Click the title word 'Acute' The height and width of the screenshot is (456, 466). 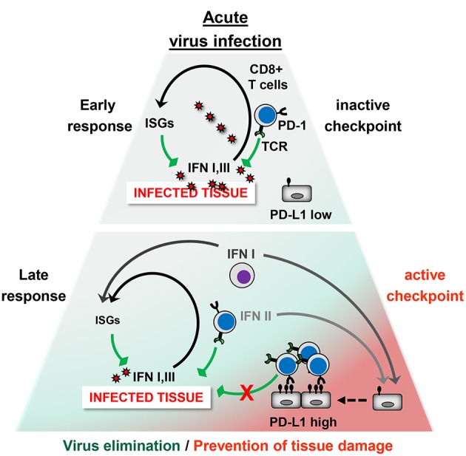click(226, 18)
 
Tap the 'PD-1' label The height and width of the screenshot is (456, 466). click(292, 126)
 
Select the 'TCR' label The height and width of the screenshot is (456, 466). click(274, 146)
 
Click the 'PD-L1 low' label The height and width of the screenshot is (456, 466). click(300, 214)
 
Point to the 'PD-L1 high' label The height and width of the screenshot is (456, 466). click(303, 422)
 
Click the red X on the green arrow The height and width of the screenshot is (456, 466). click(246, 393)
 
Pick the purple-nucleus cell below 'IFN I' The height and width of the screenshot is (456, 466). click(242, 276)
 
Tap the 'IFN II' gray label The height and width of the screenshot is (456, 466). click(256, 316)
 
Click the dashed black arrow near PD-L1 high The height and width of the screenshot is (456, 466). click(352, 401)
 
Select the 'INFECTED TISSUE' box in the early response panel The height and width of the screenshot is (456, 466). click(191, 193)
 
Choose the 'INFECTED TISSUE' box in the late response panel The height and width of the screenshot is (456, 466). click(146, 397)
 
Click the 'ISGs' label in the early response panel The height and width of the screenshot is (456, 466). click(159, 123)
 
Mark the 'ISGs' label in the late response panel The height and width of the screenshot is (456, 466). click(107, 320)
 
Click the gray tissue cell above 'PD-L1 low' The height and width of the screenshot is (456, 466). click(297, 193)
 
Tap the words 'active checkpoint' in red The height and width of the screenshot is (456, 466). click(425, 285)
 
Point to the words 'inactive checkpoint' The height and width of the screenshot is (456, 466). click(363, 116)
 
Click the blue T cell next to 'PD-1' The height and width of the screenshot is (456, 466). click(266, 115)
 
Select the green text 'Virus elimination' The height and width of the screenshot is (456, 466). click(121, 446)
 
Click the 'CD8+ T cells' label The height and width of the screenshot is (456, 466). click(268, 77)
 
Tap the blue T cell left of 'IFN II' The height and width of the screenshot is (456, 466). click(225, 321)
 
